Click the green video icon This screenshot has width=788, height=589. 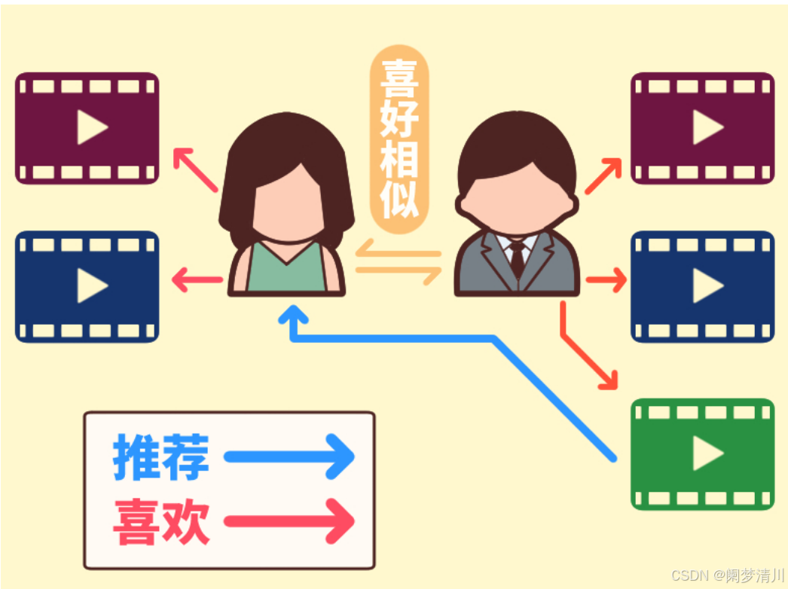point(702,454)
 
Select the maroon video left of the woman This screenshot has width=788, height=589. point(87,128)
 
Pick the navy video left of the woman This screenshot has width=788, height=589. point(87,286)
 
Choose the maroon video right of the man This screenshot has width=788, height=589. point(702,128)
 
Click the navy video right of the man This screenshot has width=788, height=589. point(702,286)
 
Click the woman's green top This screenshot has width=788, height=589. point(286,271)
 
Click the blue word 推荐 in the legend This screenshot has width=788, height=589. point(160,457)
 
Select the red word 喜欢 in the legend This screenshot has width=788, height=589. point(160,520)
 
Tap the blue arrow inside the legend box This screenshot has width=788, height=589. point(290,456)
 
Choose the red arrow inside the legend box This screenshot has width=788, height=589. point(290,520)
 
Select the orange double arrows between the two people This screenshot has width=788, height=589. point(399,262)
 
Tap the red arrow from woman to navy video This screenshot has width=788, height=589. point(197,281)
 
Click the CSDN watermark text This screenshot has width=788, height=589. point(727,576)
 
